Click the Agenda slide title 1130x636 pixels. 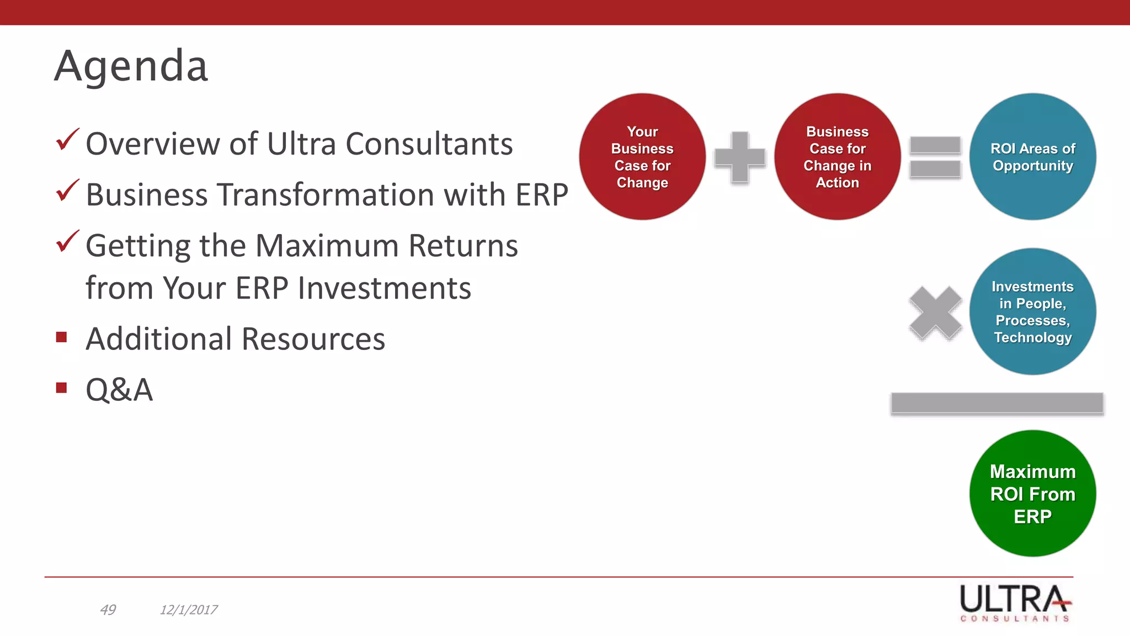[131, 66]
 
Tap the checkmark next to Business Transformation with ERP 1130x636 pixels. [67, 190]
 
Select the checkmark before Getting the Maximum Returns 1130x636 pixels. [67, 241]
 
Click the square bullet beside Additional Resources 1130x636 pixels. [61, 337]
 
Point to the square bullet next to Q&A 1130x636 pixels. [61, 388]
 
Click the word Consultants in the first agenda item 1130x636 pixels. [429, 144]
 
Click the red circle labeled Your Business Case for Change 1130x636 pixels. [642, 157]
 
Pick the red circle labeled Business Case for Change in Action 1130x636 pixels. [837, 157]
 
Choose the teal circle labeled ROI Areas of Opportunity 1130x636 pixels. [1032, 157]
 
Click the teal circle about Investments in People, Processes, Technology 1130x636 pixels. [1032, 312]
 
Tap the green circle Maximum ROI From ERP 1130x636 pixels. [1032, 494]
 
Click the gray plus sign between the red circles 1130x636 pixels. [739, 157]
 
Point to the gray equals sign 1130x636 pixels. [935, 157]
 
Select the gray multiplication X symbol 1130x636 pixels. [935, 312]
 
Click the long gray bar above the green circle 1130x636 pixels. [996, 404]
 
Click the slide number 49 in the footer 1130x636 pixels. [108, 609]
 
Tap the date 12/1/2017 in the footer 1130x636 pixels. [188, 609]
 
